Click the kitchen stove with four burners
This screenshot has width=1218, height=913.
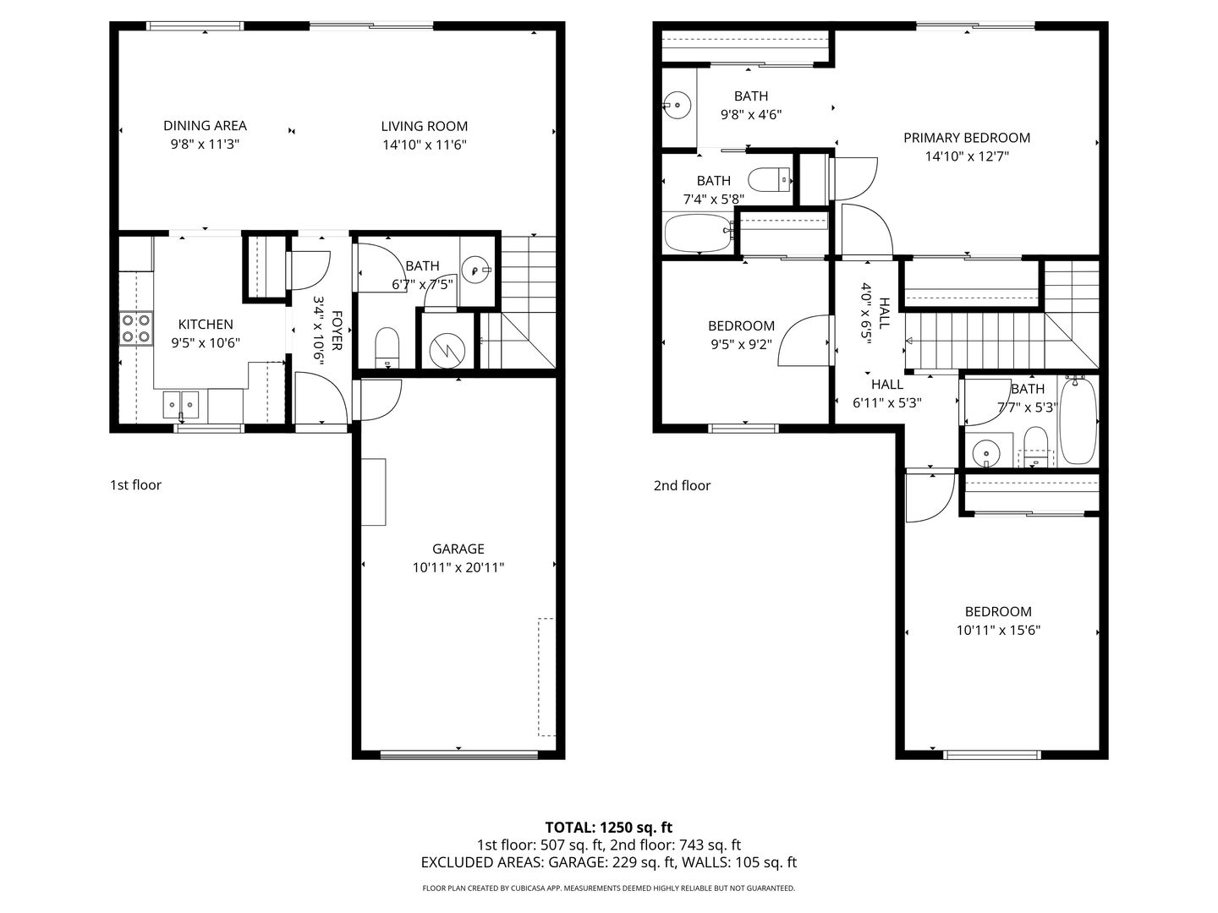136,329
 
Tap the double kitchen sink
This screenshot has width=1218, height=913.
181,405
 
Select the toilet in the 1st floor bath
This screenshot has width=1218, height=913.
387,346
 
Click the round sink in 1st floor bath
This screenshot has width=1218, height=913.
475,271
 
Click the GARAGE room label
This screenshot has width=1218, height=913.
458,549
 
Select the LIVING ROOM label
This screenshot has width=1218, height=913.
424,126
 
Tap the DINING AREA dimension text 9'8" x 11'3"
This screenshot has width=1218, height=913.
204,145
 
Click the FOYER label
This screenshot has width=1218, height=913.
337,331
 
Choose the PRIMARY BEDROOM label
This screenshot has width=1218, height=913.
967,138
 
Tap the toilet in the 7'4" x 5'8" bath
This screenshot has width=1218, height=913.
770,179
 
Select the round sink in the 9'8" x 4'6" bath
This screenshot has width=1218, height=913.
677,106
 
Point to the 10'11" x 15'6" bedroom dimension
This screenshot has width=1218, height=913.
998,630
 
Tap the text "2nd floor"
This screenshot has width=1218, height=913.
682,485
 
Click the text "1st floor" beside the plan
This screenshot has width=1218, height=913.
135,484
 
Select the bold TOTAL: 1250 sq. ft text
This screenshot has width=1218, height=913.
608,827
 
